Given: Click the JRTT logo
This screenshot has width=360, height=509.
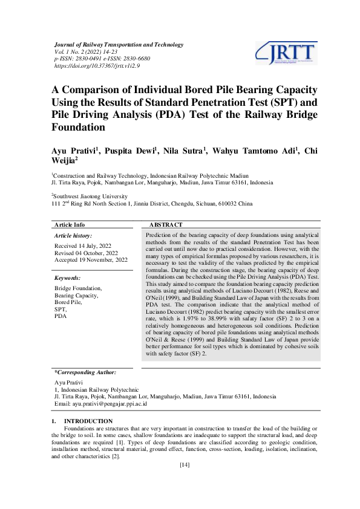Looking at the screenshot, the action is [286, 53].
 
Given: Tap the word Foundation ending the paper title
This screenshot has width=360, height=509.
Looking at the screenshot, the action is [79, 128].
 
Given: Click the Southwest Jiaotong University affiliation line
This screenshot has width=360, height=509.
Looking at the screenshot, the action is [90, 196].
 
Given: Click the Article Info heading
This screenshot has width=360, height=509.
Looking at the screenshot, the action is [70, 224].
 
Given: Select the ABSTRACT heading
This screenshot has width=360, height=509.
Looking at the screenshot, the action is [166, 224].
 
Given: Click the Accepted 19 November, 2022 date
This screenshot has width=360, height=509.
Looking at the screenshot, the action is [91, 260].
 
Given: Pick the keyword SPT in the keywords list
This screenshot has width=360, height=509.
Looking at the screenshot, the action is [60, 309].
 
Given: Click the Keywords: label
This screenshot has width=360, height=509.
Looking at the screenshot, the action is [68, 277].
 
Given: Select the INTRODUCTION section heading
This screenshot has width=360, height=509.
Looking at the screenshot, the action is [88, 421].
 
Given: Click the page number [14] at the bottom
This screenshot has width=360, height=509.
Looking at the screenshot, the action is [185, 465].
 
